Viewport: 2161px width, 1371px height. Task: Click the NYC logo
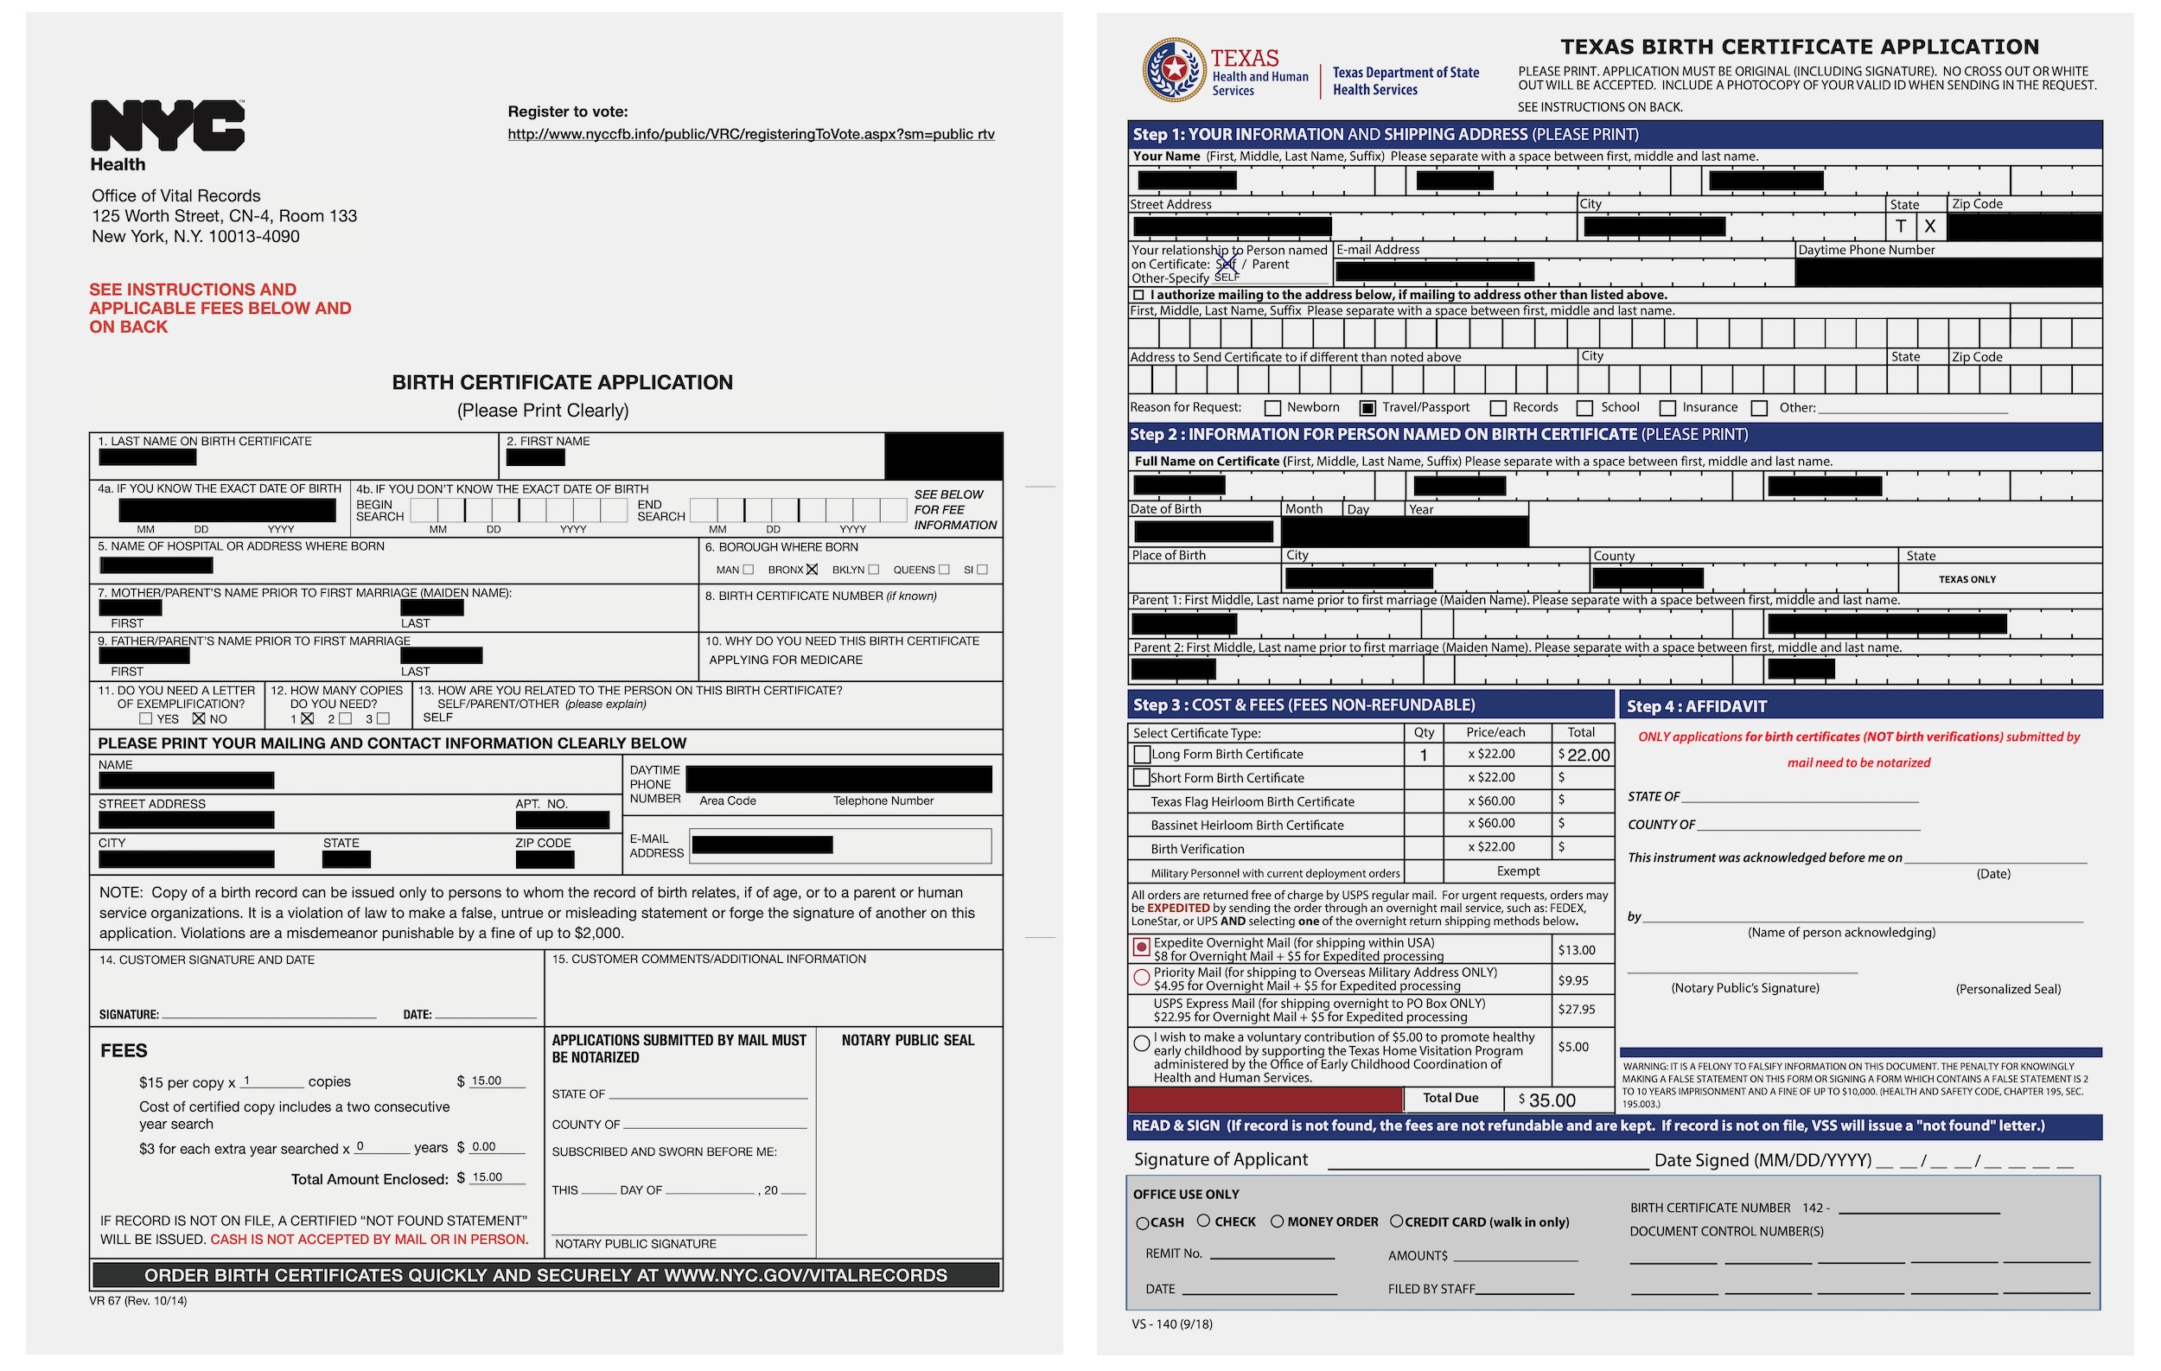click(x=167, y=125)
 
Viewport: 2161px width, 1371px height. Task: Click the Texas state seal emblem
click(x=1174, y=69)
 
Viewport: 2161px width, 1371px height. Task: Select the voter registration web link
click(x=750, y=135)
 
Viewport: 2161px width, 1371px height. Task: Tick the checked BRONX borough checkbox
click(x=812, y=570)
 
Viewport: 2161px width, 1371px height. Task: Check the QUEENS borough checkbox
click(x=943, y=570)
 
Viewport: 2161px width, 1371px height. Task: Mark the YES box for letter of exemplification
click(x=146, y=718)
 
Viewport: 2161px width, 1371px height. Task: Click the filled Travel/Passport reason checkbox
click(x=1367, y=408)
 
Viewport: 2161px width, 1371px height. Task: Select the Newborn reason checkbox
click(x=1272, y=408)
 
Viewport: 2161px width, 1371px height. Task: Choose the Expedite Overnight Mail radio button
click(x=1142, y=947)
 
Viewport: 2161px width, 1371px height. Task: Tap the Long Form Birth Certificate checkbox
click(x=1142, y=755)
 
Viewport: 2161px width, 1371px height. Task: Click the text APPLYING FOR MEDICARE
click(x=785, y=660)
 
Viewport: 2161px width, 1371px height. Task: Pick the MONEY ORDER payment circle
click(x=1276, y=1221)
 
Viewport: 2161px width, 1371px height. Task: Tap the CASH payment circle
click(x=1142, y=1223)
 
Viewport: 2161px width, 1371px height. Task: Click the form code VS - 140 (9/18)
click(x=1171, y=1324)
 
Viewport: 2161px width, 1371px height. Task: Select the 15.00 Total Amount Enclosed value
click(x=488, y=1177)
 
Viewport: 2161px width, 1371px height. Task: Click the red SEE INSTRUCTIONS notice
click(x=219, y=308)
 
